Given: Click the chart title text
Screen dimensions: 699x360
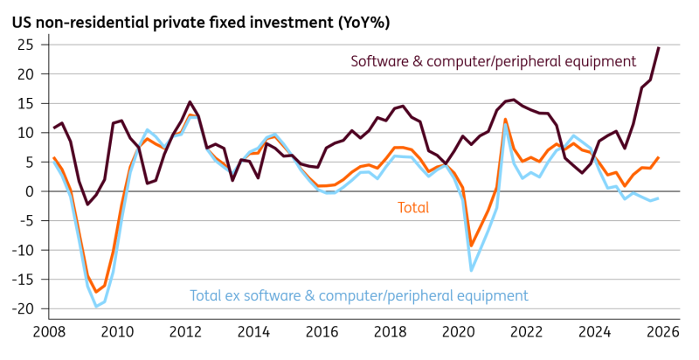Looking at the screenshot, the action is pos(201,23).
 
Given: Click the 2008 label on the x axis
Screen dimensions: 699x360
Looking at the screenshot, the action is pos(50,332).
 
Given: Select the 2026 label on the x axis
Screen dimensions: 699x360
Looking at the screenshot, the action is pos(663,332).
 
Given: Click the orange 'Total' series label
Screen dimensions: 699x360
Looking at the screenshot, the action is pos(413,208).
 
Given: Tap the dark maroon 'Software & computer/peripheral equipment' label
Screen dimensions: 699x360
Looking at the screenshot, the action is pos(494,61).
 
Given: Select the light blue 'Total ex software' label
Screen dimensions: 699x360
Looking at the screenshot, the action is pos(359,295).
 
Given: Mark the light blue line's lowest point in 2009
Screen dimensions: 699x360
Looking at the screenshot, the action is pos(96,307).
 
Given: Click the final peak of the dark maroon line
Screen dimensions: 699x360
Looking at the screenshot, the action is pos(659,48).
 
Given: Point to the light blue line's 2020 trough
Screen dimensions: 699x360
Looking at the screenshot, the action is pos(471,271).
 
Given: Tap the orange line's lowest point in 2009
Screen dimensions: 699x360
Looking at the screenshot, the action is pos(96,292).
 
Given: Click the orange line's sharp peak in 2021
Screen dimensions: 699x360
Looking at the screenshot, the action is pos(505,119).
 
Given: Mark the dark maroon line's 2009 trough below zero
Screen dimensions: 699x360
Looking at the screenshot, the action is pos(87,204).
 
